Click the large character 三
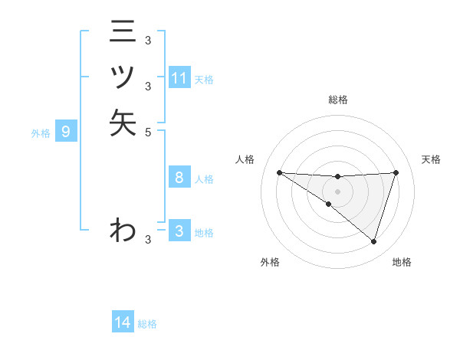[x=123, y=32]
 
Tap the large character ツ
[x=123, y=77]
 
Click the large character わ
[x=123, y=229]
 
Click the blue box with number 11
[x=179, y=78]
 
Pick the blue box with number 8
[x=179, y=178]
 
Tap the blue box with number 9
[x=66, y=132]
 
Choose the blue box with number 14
[x=123, y=322]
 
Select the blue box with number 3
[x=179, y=231]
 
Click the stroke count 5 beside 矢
[x=148, y=132]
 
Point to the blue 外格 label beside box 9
[x=41, y=133]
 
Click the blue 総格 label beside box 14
[x=147, y=324]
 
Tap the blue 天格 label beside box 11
[x=204, y=79]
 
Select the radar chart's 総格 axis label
[x=337, y=100]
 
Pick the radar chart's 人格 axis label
[x=245, y=159]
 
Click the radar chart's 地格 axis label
[x=402, y=262]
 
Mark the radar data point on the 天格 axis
[x=396, y=172]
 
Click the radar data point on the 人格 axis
[x=279, y=172]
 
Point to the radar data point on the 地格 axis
[x=373, y=241]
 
